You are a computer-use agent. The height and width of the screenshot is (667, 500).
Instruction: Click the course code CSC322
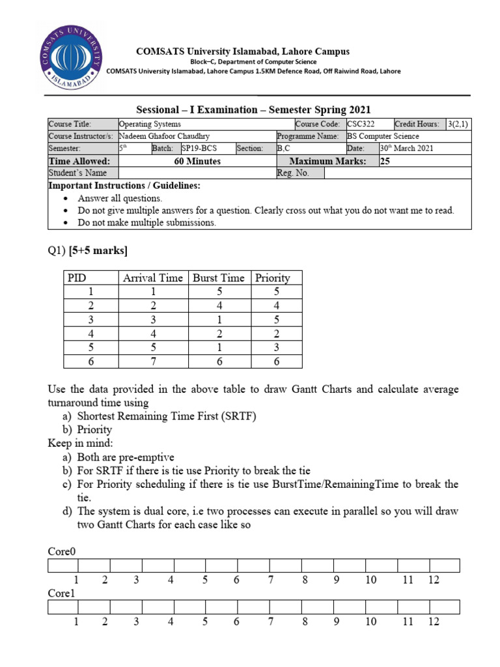pos(361,124)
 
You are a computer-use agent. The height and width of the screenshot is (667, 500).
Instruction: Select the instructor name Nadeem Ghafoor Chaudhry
pos(165,136)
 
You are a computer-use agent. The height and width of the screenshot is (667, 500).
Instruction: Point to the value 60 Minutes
pos(197,161)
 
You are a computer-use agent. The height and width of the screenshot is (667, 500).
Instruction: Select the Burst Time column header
pos(219,277)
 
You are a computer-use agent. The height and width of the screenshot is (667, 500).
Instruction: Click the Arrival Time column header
pos(153,277)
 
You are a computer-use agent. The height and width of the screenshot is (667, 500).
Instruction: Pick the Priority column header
pos(273,277)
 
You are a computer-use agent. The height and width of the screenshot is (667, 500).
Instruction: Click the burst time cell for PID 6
pos(219,361)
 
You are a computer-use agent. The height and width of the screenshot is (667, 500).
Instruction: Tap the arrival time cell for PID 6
pos(153,361)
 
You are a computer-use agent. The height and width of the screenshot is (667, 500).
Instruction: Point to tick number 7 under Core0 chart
pos(270,580)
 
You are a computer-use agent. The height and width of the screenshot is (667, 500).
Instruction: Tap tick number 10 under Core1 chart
pos(371,621)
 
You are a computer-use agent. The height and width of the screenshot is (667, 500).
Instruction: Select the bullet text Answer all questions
pos(120,198)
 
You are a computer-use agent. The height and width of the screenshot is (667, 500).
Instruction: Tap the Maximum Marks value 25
pos(384,161)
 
